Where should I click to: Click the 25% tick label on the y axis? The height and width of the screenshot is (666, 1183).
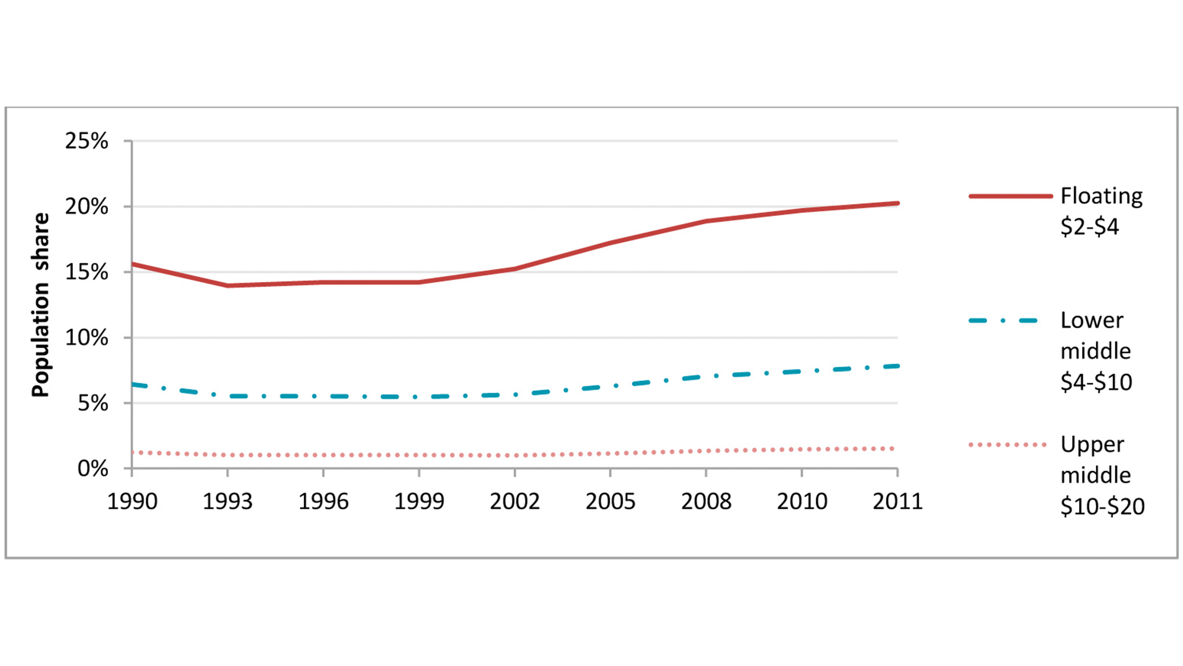(x=86, y=142)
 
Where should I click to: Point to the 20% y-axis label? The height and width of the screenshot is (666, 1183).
(x=86, y=207)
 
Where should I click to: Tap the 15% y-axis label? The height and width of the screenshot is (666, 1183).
(x=86, y=272)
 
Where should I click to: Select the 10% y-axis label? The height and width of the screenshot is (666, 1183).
(x=86, y=338)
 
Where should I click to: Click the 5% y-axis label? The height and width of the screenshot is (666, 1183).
(x=93, y=404)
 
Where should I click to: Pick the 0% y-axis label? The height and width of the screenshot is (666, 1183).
(x=93, y=469)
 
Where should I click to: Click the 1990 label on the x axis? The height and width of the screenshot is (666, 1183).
(x=132, y=502)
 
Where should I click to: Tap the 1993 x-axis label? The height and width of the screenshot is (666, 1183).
(x=228, y=502)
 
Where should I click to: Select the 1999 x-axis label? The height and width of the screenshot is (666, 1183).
(x=419, y=502)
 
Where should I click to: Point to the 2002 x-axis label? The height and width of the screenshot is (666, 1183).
(x=515, y=502)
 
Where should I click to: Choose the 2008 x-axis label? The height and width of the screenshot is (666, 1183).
(x=706, y=502)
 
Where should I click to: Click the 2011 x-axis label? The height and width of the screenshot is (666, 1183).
(x=897, y=502)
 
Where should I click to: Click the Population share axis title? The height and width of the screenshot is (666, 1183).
(x=41, y=305)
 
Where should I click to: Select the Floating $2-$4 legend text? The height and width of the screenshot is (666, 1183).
(x=1101, y=211)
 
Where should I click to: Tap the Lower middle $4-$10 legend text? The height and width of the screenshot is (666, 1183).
(x=1096, y=351)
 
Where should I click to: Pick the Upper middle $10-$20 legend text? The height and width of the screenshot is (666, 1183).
(x=1102, y=475)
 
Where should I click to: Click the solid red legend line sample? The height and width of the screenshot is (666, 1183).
(x=1010, y=196)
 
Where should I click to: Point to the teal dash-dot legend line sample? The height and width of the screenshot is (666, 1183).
(x=1004, y=321)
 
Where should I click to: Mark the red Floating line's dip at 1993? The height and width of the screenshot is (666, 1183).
(x=228, y=285)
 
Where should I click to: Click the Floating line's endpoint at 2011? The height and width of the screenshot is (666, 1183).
(x=897, y=203)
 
